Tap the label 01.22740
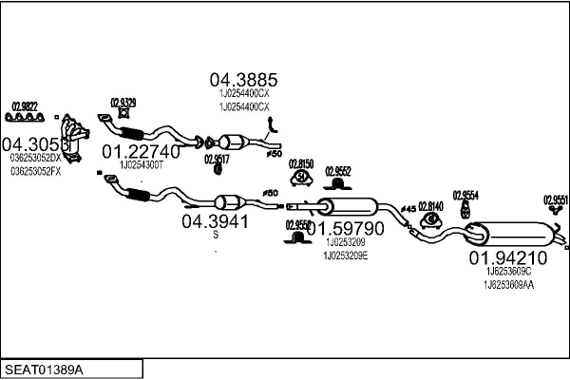(140, 151)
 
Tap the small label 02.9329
(123, 102)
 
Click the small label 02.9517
(217, 160)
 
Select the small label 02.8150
(302, 163)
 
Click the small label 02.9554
(465, 194)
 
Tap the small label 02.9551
(556, 199)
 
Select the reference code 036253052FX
(36, 172)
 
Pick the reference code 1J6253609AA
(508, 284)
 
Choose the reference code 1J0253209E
(345, 256)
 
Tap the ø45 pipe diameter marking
(408, 207)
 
